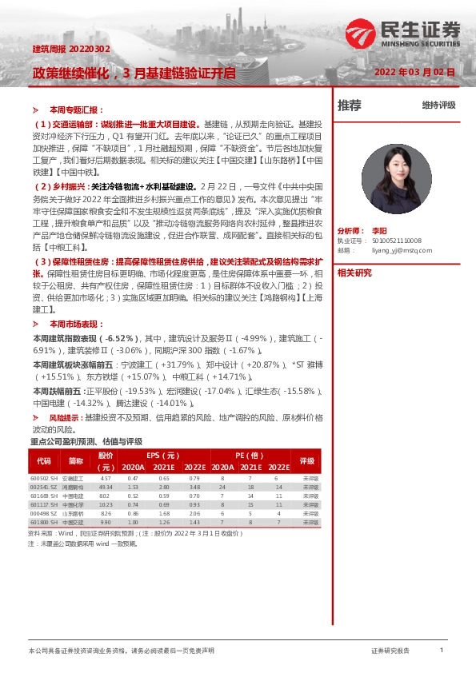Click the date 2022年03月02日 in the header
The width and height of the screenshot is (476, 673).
(x=415, y=72)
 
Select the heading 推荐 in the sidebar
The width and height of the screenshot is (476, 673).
(x=349, y=105)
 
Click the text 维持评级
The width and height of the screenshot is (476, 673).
(x=438, y=105)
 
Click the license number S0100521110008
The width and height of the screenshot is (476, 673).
(x=401, y=239)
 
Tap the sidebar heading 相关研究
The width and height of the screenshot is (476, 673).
(x=354, y=273)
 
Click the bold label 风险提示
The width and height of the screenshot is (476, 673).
(x=66, y=417)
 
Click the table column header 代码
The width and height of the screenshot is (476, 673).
(x=43, y=461)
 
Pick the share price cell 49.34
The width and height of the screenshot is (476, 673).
(x=106, y=486)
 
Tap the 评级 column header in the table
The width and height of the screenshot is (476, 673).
(x=307, y=461)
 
